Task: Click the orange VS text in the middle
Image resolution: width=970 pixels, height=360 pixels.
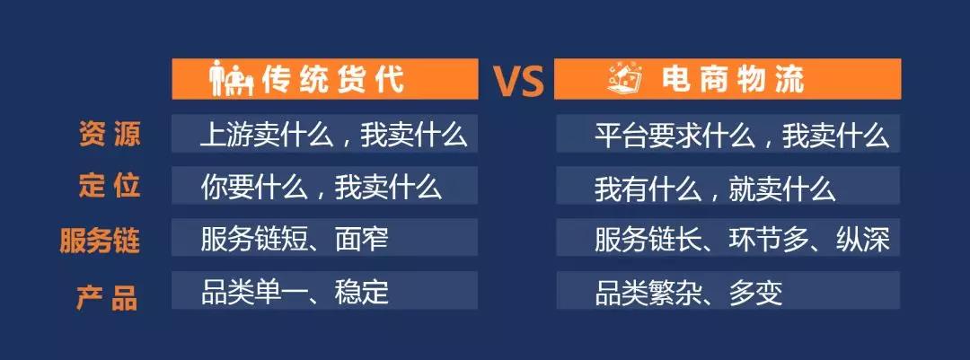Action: click(518, 81)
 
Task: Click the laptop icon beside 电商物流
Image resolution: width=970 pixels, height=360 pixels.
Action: click(624, 79)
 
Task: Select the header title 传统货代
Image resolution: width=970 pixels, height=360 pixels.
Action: click(333, 79)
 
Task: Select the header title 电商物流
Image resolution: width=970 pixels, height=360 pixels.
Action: click(733, 79)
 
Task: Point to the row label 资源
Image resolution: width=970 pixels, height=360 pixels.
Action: click(110, 134)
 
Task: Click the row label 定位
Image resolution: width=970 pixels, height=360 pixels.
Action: click(110, 186)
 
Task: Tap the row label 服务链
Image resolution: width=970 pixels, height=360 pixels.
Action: click(100, 240)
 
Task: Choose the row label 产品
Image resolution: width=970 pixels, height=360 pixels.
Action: click(108, 297)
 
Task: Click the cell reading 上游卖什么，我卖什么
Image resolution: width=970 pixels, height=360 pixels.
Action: click(333, 135)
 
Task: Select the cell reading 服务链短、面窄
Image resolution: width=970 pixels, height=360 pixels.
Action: click(295, 240)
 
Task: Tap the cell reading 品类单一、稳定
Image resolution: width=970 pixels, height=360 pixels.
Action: click(295, 292)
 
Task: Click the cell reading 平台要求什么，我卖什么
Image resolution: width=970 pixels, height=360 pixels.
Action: click(742, 135)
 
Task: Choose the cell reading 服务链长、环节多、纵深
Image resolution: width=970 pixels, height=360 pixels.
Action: click(743, 240)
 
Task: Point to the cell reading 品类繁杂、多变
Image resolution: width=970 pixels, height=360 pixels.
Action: click(689, 292)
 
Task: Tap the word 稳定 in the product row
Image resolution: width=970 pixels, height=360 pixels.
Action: click(362, 292)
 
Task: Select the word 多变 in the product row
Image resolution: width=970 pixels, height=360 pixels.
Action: click(756, 292)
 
